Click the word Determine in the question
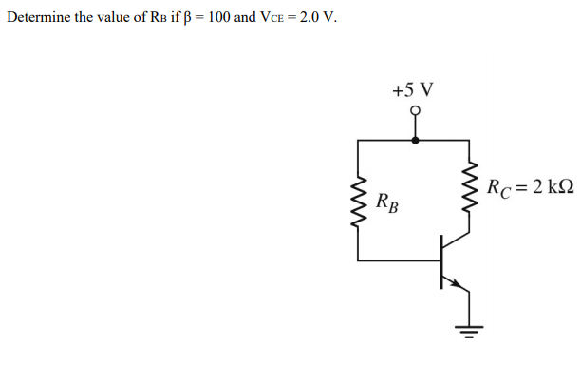coord(38,17)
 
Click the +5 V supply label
coord(413,89)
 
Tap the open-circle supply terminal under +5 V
coord(414,110)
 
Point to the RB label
coord(386,202)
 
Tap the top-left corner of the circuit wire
coord(359,140)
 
